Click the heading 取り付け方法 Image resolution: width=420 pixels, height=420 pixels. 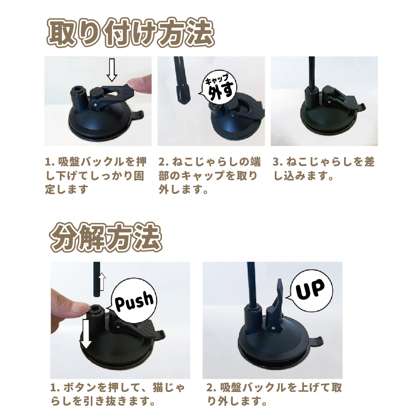[x=130, y=33]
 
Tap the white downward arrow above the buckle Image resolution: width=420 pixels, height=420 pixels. [x=112, y=70]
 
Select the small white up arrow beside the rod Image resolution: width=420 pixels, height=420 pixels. [x=102, y=282]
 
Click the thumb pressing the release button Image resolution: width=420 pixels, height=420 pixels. [x=68, y=302]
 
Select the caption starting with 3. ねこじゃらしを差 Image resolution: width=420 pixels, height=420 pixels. [x=323, y=169]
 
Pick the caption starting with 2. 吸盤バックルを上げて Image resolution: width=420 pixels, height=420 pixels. [x=274, y=394]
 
